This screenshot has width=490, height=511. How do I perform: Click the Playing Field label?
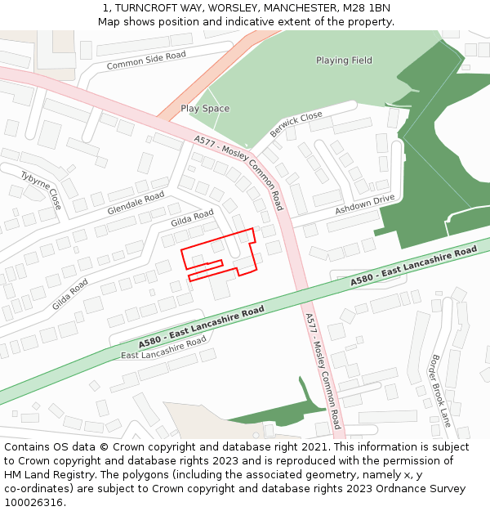[344, 61]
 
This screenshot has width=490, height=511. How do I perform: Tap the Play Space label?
[205, 109]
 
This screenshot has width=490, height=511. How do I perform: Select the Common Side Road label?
[146, 61]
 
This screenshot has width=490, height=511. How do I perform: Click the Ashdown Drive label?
[364, 205]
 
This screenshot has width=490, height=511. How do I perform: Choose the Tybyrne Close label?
[41, 190]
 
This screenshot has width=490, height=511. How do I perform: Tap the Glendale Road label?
[136, 203]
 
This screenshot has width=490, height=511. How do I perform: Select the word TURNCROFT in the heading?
[139, 8]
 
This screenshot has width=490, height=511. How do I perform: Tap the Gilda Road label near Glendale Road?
[192, 218]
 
